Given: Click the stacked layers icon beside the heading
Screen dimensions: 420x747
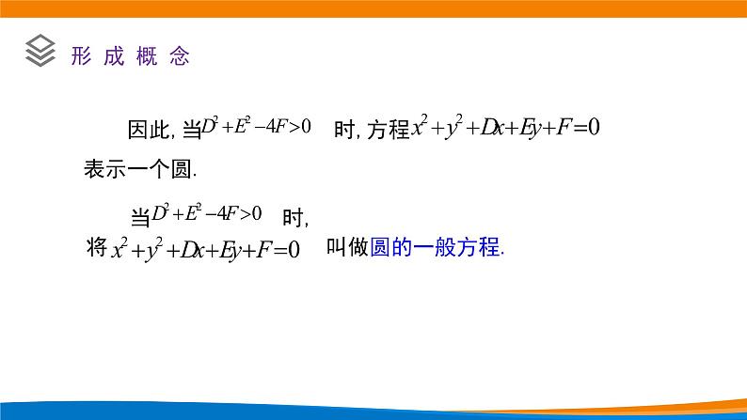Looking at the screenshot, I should [40, 51].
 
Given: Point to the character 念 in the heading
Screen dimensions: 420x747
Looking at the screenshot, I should [180, 56].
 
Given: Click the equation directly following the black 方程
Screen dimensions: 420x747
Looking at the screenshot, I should [505, 128].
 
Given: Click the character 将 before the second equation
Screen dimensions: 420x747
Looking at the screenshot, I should [96, 249].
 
